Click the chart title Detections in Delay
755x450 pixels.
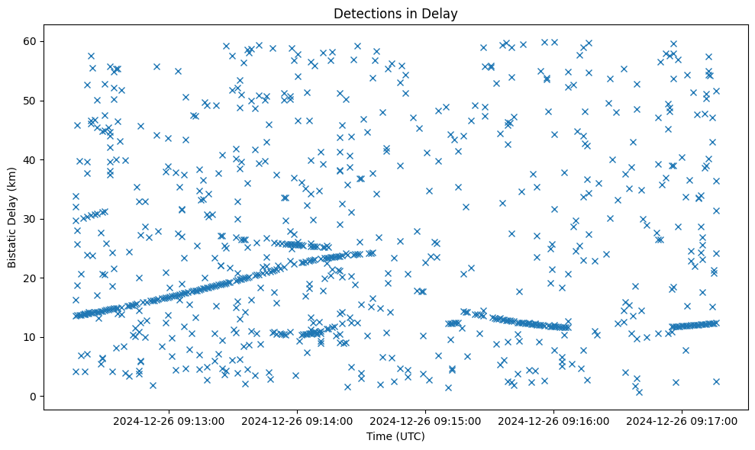pyautogui.click(x=395, y=13)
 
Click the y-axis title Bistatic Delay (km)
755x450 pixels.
pyautogui.click(x=12, y=216)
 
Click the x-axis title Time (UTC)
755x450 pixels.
pyautogui.click(x=395, y=436)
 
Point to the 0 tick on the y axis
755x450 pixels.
pyautogui.click(x=34, y=397)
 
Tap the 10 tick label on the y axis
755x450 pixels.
pyautogui.click(x=31, y=337)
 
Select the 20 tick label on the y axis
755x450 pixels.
pyautogui.click(x=31, y=278)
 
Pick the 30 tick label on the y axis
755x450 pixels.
pyautogui.click(x=31, y=219)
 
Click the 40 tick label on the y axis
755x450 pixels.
pyautogui.click(x=31, y=159)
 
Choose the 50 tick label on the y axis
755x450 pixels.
pyautogui.click(x=31, y=101)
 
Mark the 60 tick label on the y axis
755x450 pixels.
pyautogui.click(x=31, y=41)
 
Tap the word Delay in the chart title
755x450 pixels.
pyautogui.click(x=442, y=13)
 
